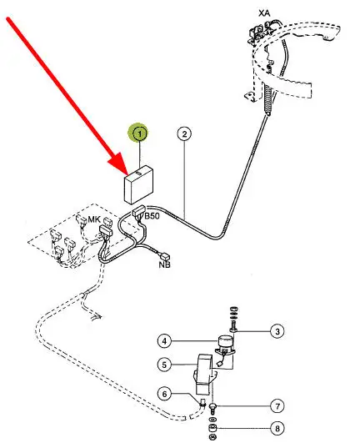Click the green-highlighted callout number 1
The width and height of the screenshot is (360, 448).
(x=140, y=133)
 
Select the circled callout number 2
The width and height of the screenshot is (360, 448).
(x=184, y=133)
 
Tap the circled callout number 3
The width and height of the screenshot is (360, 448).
(x=277, y=331)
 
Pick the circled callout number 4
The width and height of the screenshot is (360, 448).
(x=164, y=341)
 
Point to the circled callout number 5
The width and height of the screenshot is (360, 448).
(x=164, y=365)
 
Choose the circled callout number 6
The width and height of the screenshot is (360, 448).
(x=164, y=394)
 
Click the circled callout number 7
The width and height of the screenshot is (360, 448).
(x=277, y=406)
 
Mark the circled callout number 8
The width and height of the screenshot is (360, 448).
(x=277, y=428)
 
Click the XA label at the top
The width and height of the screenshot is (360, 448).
(x=264, y=13)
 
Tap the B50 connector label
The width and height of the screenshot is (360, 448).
(x=152, y=216)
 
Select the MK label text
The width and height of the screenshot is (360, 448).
(x=94, y=219)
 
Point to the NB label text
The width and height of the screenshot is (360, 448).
(x=164, y=264)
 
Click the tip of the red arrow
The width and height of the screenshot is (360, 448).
(x=127, y=174)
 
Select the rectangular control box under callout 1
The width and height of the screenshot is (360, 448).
(x=138, y=184)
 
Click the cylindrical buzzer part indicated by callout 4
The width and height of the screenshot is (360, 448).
(x=226, y=342)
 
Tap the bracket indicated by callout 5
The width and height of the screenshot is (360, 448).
(x=204, y=374)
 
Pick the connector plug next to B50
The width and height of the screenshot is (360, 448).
(x=139, y=212)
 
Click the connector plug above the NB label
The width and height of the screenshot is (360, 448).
(x=165, y=255)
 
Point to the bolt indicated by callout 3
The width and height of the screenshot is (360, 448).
(x=233, y=326)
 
